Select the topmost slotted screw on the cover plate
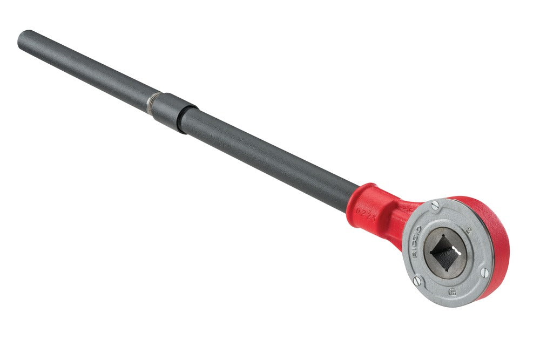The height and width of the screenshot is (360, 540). click(435, 205)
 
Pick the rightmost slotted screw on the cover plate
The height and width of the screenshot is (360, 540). click(484, 273)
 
